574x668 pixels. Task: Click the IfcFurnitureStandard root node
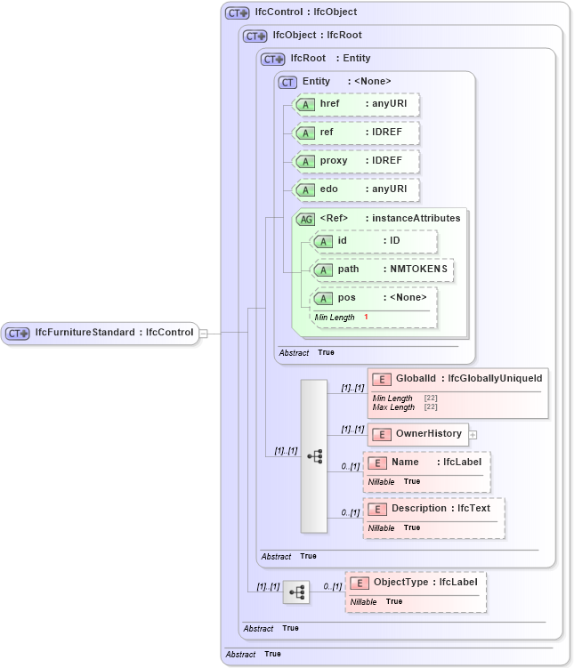[100, 333]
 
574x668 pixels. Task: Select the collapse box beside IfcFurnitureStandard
[204, 334]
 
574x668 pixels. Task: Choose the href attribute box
[357, 104]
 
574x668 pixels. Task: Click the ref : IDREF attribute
[357, 133]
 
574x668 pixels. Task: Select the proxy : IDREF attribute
[357, 161]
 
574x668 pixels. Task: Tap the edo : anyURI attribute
[357, 189]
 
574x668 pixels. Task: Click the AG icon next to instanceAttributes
[305, 219]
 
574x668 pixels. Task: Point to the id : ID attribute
[374, 241]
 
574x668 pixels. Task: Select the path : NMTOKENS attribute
[383, 270]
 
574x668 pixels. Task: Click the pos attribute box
[374, 298]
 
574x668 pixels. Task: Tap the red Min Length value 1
[366, 318]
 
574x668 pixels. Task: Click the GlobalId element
[457, 379]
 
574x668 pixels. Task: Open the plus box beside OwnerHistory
[473, 435]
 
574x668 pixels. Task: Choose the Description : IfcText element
[433, 509]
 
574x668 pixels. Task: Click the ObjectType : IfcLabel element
[416, 583]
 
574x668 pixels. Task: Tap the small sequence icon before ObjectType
[296, 592]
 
